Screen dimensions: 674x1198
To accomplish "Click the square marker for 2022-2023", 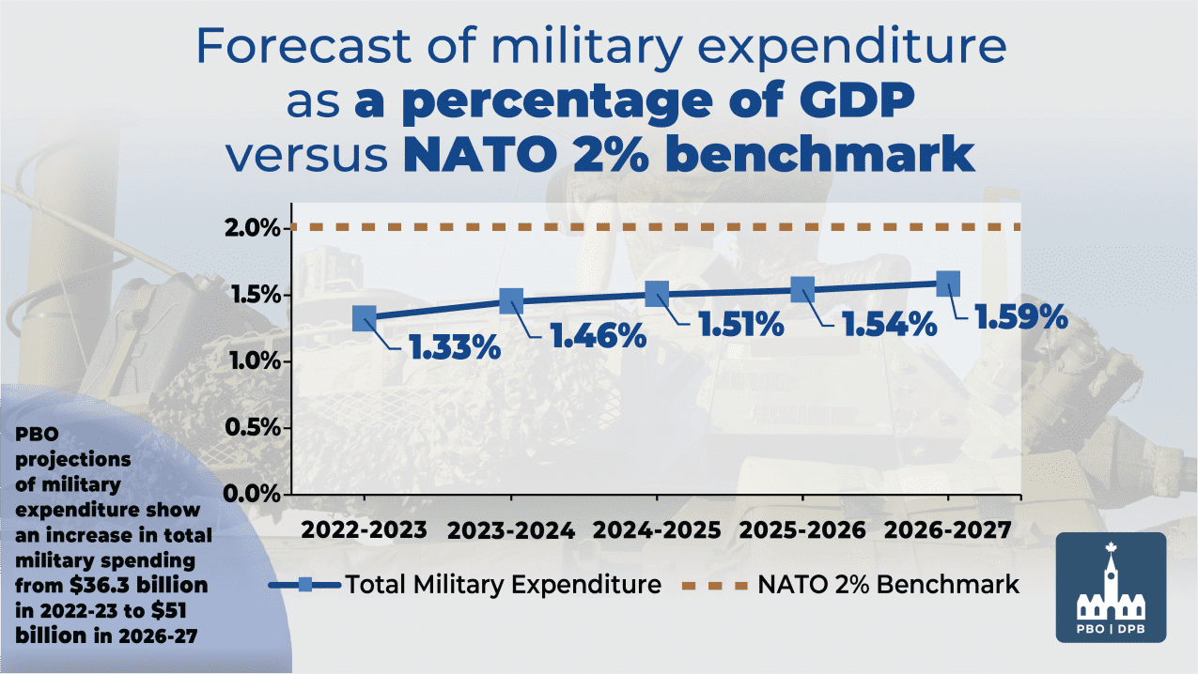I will click(365, 318).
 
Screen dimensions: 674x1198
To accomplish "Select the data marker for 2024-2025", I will click(656, 294).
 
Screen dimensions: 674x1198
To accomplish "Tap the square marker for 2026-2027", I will click(948, 283).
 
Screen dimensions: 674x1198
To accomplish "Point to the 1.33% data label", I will click(454, 347).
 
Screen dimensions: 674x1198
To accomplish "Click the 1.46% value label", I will click(599, 335).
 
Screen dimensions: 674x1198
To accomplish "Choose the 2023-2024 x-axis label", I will click(510, 529).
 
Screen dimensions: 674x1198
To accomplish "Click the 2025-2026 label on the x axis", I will click(802, 529).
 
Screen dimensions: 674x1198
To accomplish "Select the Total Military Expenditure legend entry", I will click(465, 585).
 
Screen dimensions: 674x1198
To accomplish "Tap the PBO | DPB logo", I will click(1112, 588).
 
